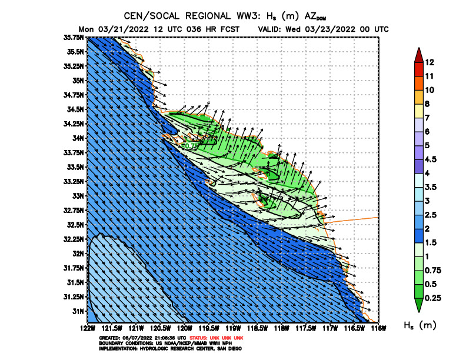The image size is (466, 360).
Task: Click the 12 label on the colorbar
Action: [430, 62]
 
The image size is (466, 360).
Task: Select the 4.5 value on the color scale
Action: [431, 159]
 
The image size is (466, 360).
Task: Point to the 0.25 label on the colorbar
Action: [433, 298]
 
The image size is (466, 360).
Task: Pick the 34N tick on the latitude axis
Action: [78, 138]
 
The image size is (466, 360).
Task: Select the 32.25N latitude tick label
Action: [74, 239]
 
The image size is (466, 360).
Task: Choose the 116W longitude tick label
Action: [378, 327]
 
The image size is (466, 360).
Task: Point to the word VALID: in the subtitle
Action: [272, 29]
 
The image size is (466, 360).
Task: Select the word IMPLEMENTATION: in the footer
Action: [116, 348]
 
